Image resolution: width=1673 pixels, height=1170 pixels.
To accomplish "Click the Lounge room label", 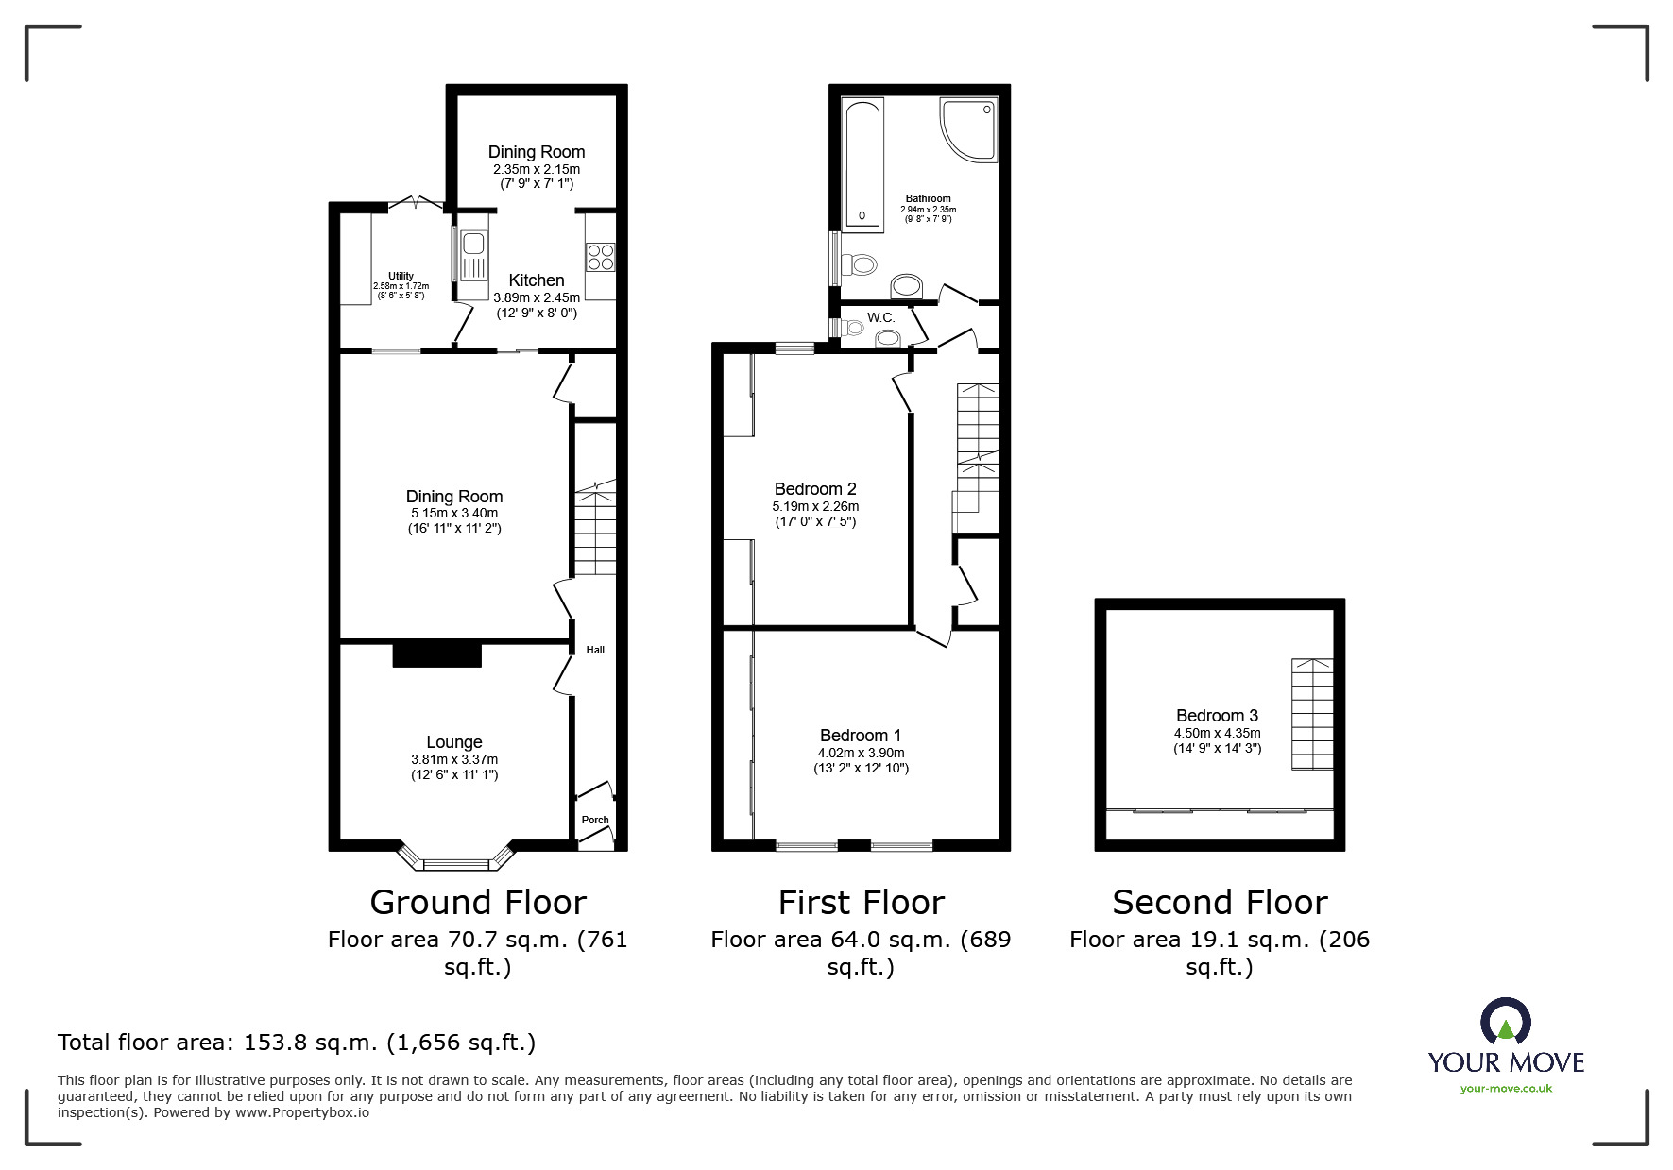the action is click(x=454, y=742).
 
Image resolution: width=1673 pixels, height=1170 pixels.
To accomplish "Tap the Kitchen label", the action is click(x=537, y=280).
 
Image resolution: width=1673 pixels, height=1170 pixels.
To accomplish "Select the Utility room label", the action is click(x=401, y=276).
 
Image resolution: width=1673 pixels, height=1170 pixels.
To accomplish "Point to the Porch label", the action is click(x=595, y=820).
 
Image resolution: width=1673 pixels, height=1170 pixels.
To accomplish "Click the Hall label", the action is click(x=595, y=650).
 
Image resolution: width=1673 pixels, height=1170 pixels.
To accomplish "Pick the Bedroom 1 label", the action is click(x=861, y=736).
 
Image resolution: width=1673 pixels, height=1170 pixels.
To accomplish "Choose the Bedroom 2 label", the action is click(x=815, y=489).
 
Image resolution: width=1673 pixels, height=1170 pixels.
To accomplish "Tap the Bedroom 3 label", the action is click(x=1217, y=716).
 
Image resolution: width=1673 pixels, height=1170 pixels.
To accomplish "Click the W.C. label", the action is click(x=881, y=317).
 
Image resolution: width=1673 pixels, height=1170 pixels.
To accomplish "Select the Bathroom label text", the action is click(x=929, y=198).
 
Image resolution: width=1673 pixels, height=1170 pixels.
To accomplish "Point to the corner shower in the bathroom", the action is click(x=969, y=129).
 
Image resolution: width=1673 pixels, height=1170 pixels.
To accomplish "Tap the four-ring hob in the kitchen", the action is click(x=601, y=257).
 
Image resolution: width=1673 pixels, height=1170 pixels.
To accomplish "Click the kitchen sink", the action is click(x=471, y=255).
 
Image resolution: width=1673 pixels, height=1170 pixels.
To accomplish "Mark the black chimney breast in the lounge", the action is click(x=437, y=654).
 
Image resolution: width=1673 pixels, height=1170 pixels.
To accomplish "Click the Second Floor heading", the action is click(x=1220, y=903).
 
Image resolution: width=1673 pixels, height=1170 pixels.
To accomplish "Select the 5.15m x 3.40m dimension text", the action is click(x=454, y=513).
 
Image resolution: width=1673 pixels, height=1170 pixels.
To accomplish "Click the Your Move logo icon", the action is click(x=1505, y=1022).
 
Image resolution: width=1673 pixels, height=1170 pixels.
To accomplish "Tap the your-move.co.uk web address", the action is click(x=1506, y=1089).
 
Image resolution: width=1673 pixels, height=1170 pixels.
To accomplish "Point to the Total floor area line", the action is click(x=297, y=1043).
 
